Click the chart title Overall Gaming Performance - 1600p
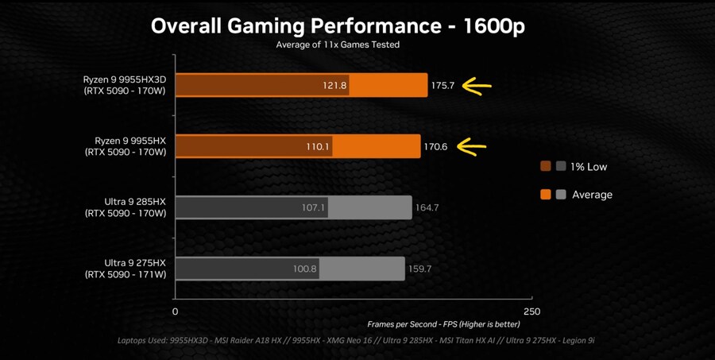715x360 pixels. click(338, 25)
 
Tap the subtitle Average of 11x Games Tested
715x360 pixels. click(338, 45)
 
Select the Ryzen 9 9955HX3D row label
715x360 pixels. click(125, 85)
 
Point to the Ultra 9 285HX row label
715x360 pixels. click(126, 207)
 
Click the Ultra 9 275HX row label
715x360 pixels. click(126, 269)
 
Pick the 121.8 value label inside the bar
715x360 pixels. click(334, 86)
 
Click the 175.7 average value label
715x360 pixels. click(443, 86)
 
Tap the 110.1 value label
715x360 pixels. click(318, 147)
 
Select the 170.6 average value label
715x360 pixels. click(435, 147)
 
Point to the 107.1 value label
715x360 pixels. click(314, 208)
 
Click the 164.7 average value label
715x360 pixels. click(427, 208)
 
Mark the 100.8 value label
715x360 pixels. click(305, 269)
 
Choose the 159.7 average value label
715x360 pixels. click(419, 269)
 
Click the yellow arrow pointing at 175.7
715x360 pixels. click(477, 86)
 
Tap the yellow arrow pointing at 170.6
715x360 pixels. click(471, 146)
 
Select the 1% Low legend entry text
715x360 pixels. click(589, 167)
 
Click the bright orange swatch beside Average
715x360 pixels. click(546, 195)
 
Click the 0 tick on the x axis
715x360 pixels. click(176, 312)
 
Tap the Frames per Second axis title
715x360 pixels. click(443, 324)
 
